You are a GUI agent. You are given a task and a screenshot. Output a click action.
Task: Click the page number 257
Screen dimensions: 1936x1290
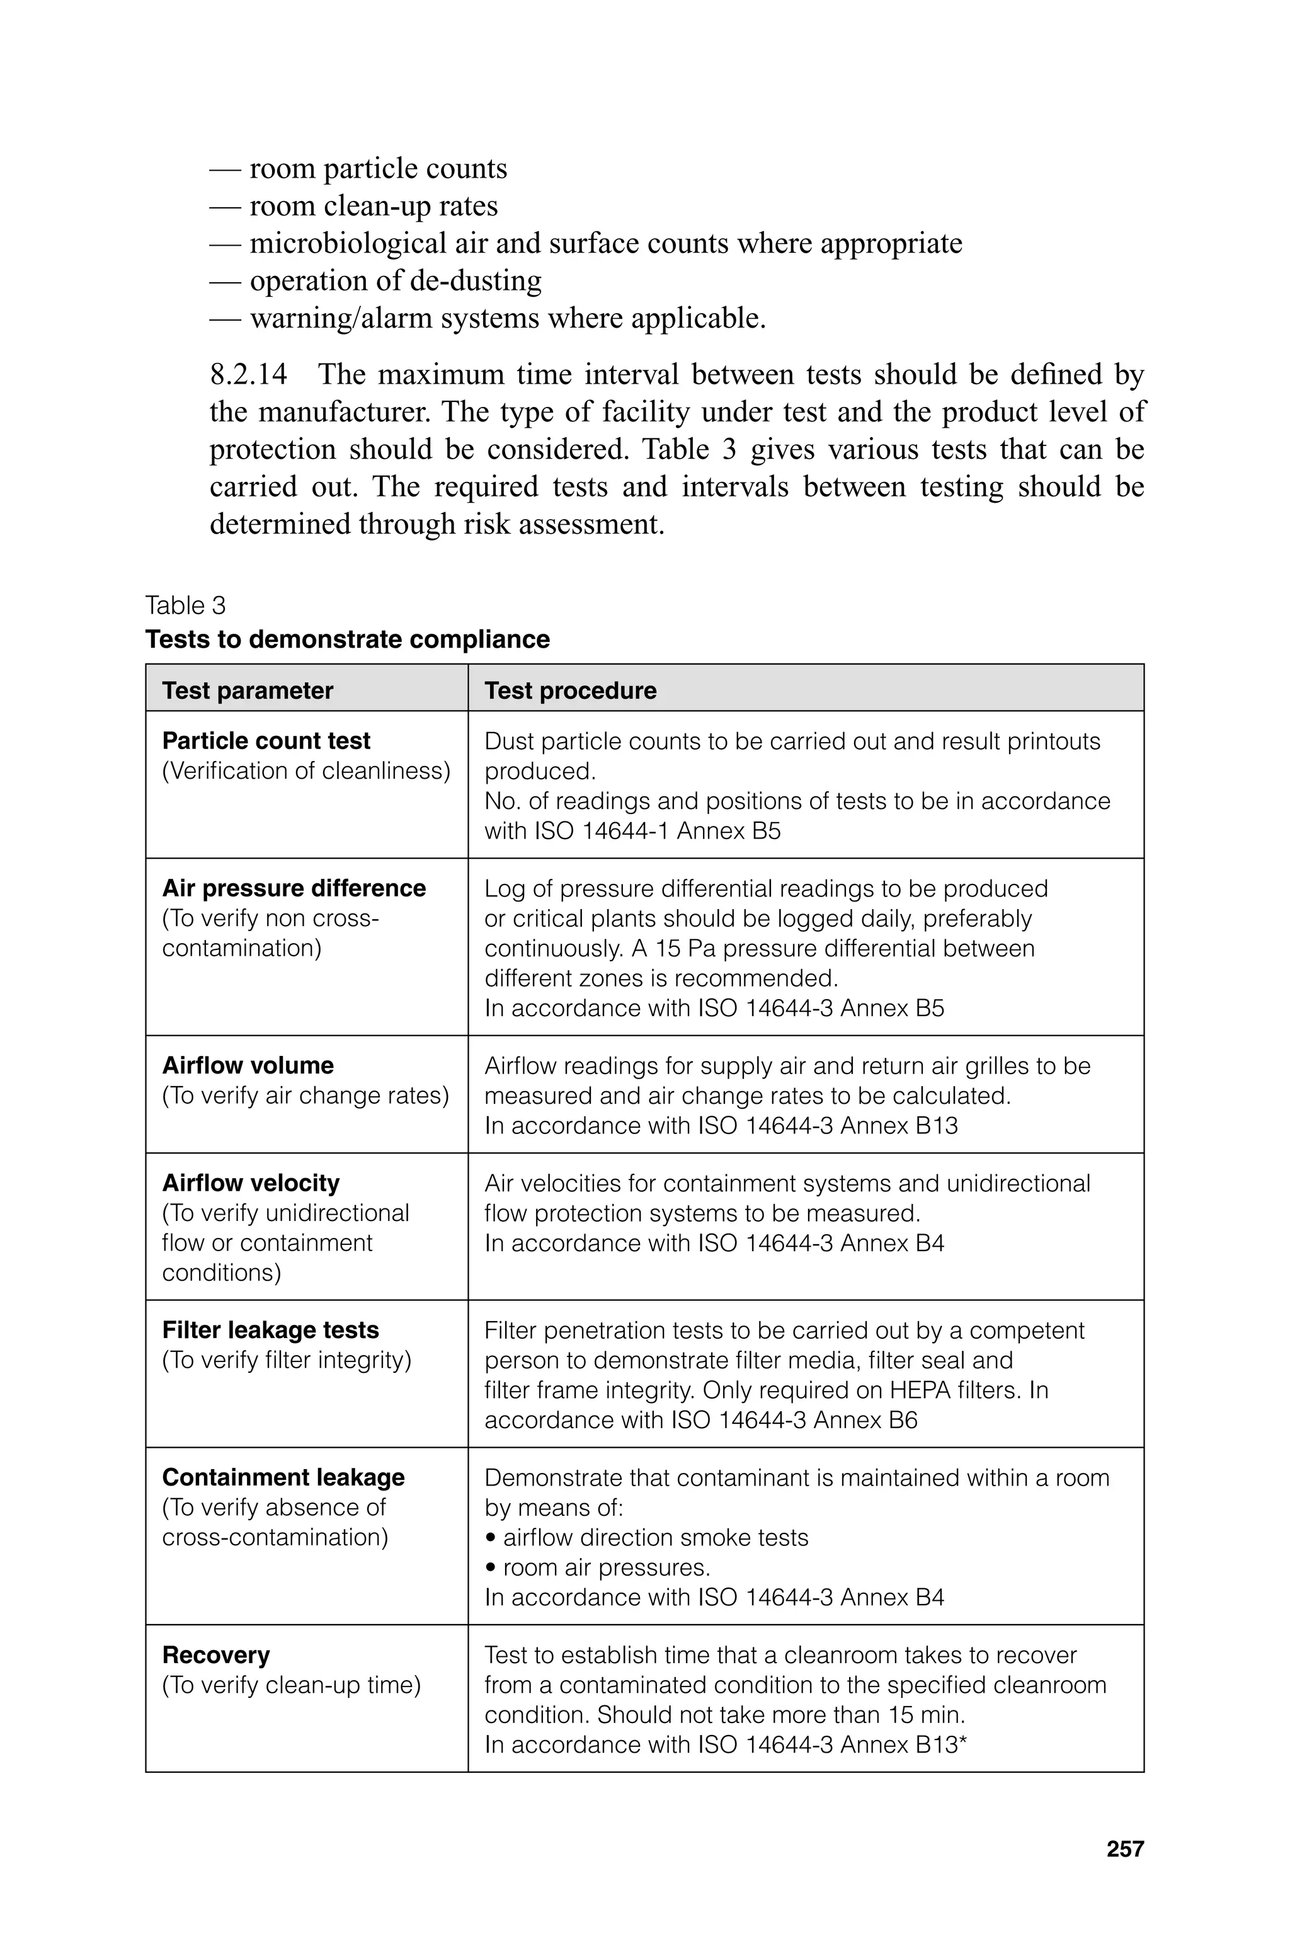(x=1124, y=1849)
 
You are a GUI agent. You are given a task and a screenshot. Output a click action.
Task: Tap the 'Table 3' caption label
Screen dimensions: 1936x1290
(x=185, y=605)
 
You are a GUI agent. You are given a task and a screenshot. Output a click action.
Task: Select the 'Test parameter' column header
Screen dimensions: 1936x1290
(x=248, y=690)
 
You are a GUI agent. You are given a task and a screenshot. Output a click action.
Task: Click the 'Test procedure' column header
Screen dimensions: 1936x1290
(x=570, y=690)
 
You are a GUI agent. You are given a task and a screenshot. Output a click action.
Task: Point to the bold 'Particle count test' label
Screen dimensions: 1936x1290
(x=266, y=740)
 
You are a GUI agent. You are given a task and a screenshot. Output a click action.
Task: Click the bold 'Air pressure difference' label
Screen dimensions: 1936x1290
(x=294, y=888)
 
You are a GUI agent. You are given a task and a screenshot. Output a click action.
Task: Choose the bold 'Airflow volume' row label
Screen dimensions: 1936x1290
(x=248, y=1065)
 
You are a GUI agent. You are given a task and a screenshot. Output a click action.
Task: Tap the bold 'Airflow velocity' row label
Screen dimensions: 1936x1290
(x=251, y=1183)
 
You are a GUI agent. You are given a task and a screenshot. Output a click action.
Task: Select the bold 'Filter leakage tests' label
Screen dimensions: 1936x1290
(x=271, y=1329)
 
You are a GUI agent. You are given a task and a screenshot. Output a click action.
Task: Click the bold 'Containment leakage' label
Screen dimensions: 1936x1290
(x=283, y=1477)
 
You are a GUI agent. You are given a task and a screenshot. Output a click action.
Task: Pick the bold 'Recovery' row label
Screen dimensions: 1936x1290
(x=215, y=1654)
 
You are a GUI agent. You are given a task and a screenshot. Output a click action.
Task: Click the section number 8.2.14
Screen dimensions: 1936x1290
(x=248, y=374)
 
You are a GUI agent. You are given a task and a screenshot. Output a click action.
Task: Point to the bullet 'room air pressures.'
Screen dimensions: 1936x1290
(x=605, y=1567)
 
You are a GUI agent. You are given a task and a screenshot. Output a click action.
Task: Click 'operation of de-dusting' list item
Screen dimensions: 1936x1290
(x=395, y=280)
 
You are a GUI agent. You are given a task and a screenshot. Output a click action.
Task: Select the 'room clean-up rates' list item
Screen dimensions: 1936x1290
(x=374, y=205)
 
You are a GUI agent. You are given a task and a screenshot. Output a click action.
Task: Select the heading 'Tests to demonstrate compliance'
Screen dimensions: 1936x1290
(x=347, y=639)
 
